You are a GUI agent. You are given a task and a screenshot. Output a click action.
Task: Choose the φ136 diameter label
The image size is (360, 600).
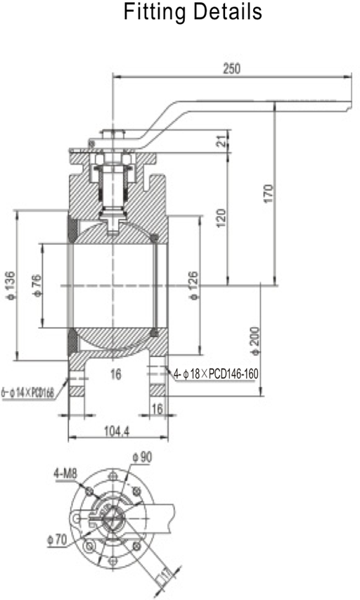[10, 284]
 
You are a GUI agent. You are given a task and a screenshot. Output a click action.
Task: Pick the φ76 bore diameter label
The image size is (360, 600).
[36, 285]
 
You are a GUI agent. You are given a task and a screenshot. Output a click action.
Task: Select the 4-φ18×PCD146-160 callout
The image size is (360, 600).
[216, 374]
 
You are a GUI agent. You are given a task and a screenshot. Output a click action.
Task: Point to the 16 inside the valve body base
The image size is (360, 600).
[115, 375]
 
